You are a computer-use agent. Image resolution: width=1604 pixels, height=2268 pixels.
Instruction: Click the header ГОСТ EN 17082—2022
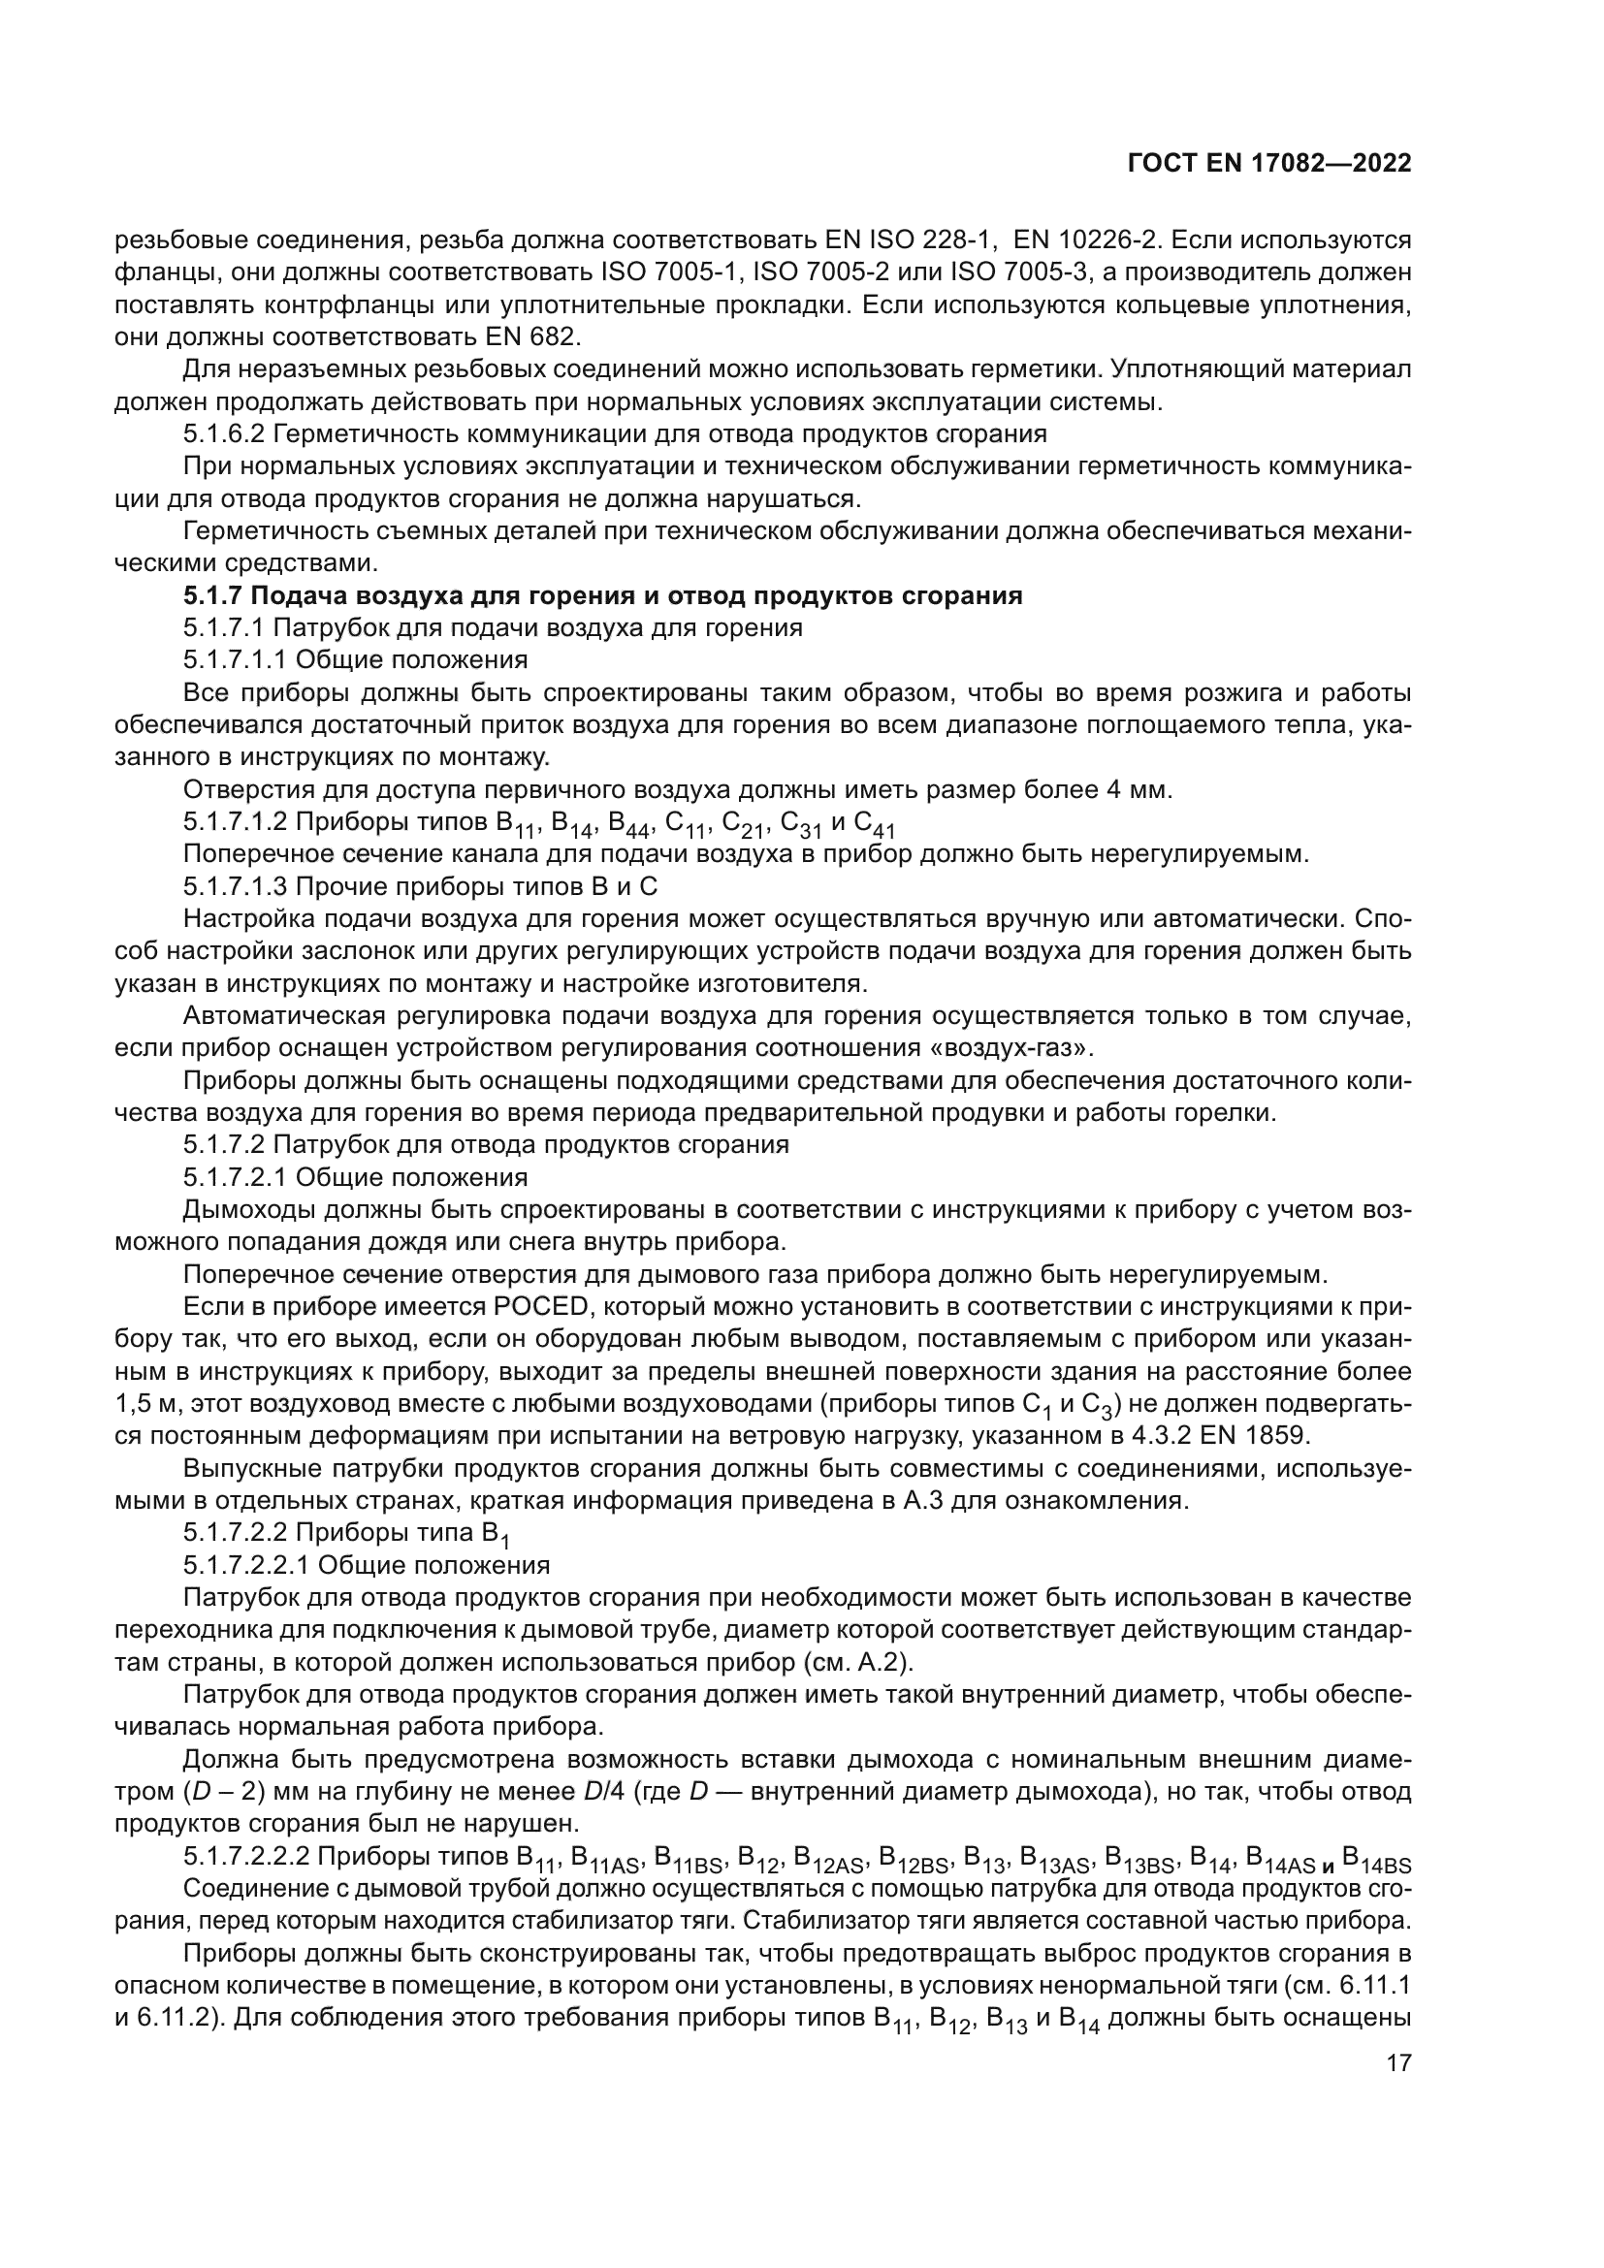click(x=1268, y=164)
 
